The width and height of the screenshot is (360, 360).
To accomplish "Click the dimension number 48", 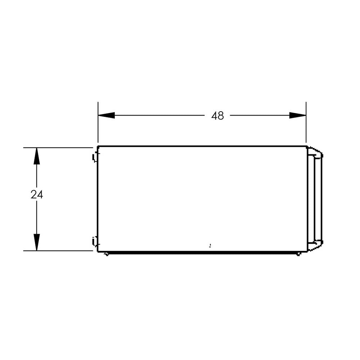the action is coord(217,116).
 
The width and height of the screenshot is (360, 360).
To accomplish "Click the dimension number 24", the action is coord(37,195).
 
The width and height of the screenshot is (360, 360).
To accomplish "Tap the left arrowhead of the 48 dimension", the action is coord(106,115).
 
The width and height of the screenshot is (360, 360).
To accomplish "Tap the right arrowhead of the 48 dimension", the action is coord(298,115).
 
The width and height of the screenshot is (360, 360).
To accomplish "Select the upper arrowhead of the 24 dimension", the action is coord(37,156).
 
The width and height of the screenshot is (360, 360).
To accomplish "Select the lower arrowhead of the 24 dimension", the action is coord(37,242).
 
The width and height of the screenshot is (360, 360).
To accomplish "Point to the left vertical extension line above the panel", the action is coord(98,122).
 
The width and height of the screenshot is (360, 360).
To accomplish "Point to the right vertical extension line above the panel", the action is coord(306,122).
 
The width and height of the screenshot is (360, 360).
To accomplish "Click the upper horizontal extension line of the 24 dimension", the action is coord(58,148).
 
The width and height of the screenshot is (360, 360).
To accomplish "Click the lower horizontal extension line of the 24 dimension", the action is coord(58,251).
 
